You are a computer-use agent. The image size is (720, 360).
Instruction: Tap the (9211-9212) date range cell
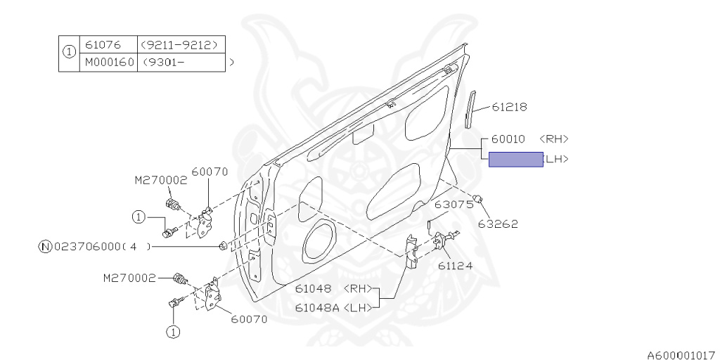183,44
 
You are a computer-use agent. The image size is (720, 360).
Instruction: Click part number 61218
509,107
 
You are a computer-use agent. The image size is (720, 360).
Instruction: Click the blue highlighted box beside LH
515,160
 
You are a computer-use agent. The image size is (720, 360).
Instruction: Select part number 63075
454,205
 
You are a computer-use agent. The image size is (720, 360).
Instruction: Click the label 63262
498,224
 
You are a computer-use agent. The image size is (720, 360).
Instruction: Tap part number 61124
455,266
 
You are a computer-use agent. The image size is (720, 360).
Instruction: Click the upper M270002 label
161,180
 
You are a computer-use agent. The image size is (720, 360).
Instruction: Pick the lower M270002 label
129,278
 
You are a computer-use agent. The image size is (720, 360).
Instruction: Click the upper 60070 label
209,171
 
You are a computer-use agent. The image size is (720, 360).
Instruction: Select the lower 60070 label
249,319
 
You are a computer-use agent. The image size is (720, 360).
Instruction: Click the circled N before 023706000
45,246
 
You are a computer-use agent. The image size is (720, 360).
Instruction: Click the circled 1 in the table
69,53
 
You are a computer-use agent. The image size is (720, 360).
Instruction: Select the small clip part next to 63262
479,199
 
